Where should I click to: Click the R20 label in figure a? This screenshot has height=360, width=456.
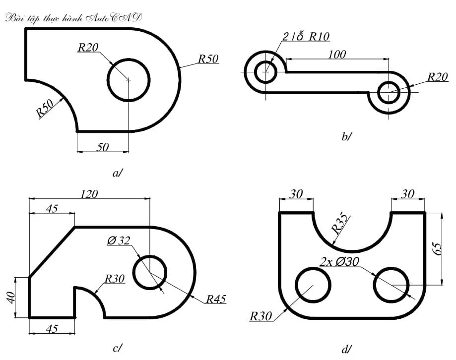pos(88,48)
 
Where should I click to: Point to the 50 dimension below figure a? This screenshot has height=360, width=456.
pos(103,146)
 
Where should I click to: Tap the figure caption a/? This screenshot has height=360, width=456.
pos(118,173)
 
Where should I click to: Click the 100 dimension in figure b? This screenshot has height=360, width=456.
pos(337,54)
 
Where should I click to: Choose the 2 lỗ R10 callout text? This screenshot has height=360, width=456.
pos(306,36)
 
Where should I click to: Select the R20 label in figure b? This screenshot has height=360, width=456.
pos(438,77)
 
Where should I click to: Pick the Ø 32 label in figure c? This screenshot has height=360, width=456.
pos(118,241)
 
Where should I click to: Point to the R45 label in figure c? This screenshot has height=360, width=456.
pos(216,299)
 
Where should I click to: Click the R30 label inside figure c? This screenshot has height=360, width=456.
pos(114,279)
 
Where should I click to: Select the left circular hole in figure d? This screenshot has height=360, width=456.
pos(313,285)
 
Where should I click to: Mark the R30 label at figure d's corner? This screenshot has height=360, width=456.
pos(261,316)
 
